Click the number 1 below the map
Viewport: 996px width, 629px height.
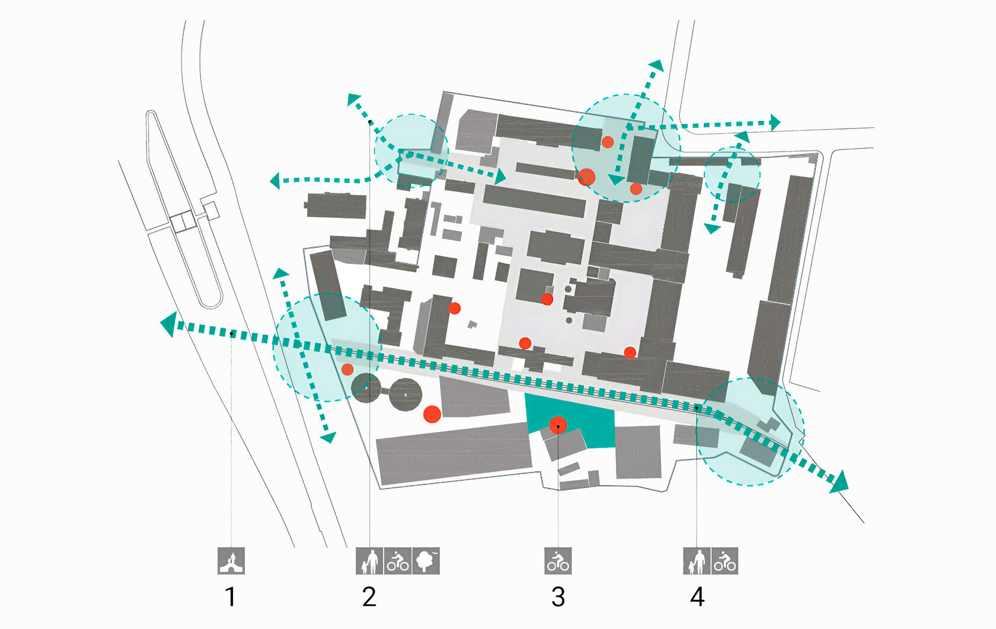pyautogui.click(x=231, y=596)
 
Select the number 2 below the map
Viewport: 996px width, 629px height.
pyautogui.click(x=369, y=596)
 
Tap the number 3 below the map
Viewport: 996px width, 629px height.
pyautogui.click(x=558, y=596)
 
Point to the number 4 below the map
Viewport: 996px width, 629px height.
pyautogui.click(x=697, y=596)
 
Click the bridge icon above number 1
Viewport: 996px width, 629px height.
pyautogui.click(x=231, y=561)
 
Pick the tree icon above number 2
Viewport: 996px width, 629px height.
pyautogui.click(x=426, y=561)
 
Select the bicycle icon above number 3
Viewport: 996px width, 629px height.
pyautogui.click(x=558, y=561)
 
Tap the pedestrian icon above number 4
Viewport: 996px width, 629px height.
pyautogui.click(x=697, y=561)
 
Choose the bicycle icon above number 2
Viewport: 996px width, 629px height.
pyautogui.click(x=398, y=561)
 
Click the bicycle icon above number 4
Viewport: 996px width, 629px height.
pyautogui.click(x=724, y=561)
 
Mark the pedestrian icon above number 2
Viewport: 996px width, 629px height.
pyautogui.click(x=369, y=561)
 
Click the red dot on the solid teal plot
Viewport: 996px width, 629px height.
pyautogui.click(x=558, y=425)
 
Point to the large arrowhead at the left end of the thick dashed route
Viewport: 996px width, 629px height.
pyautogui.click(x=170, y=324)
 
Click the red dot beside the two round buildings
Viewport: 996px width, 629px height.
pyautogui.click(x=432, y=414)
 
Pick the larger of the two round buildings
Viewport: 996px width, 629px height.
pyautogui.click(x=406, y=394)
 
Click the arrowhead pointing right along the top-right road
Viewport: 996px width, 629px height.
pyautogui.click(x=775, y=123)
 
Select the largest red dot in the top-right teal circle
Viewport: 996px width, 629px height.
pyautogui.click(x=586, y=176)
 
